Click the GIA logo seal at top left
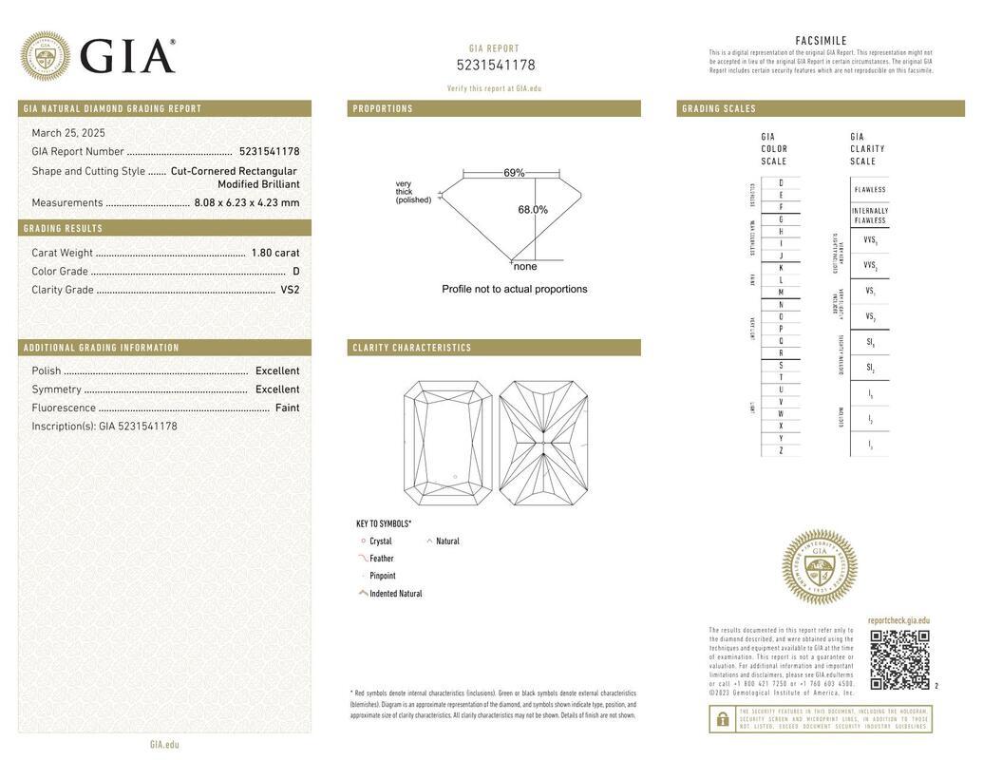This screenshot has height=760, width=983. pos(45,56)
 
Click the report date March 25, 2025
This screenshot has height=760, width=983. pos(68,133)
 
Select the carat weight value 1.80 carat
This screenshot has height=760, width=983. pos(274,253)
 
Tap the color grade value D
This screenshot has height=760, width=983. pos(295,272)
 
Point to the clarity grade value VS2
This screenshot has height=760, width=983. pos(290,290)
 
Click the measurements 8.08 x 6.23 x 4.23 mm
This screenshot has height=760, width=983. pos(246,202)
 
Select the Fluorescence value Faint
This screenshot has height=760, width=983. pos(287,408)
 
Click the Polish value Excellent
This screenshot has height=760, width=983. pos(276,371)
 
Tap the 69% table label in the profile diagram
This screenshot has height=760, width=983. pos(514,173)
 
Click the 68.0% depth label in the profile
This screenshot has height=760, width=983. pos(532,210)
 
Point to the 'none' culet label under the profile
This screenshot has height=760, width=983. pos(525,267)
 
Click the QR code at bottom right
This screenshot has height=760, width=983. pos(899,659)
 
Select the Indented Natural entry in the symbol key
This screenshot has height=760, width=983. pos(395,594)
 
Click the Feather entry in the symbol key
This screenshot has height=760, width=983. pos(381,559)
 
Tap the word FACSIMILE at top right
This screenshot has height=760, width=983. pos(821,41)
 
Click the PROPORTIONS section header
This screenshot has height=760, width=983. pos(383,109)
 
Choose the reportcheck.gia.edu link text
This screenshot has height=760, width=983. pos(898,620)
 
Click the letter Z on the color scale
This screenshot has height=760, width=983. pos(781,450)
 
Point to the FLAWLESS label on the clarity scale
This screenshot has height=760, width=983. pos(869,189)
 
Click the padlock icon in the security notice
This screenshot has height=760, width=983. pos(722,719)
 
